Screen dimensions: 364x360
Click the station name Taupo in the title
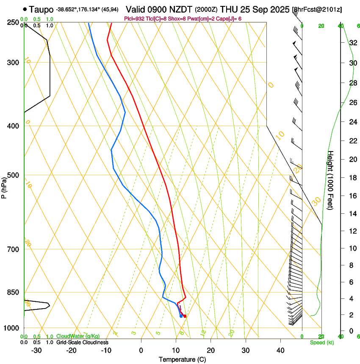(42, 8)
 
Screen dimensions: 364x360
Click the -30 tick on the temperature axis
(36, 350)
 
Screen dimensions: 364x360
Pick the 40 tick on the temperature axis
(280, 350)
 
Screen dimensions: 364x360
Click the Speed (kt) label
(322, 342)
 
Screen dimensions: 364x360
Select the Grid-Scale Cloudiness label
(82, 342)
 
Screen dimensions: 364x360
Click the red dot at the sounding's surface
(185, 316)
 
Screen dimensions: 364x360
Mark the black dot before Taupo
(25, 8)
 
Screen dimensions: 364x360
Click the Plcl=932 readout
(134, 19)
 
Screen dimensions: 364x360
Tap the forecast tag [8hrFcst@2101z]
(317, 9)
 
